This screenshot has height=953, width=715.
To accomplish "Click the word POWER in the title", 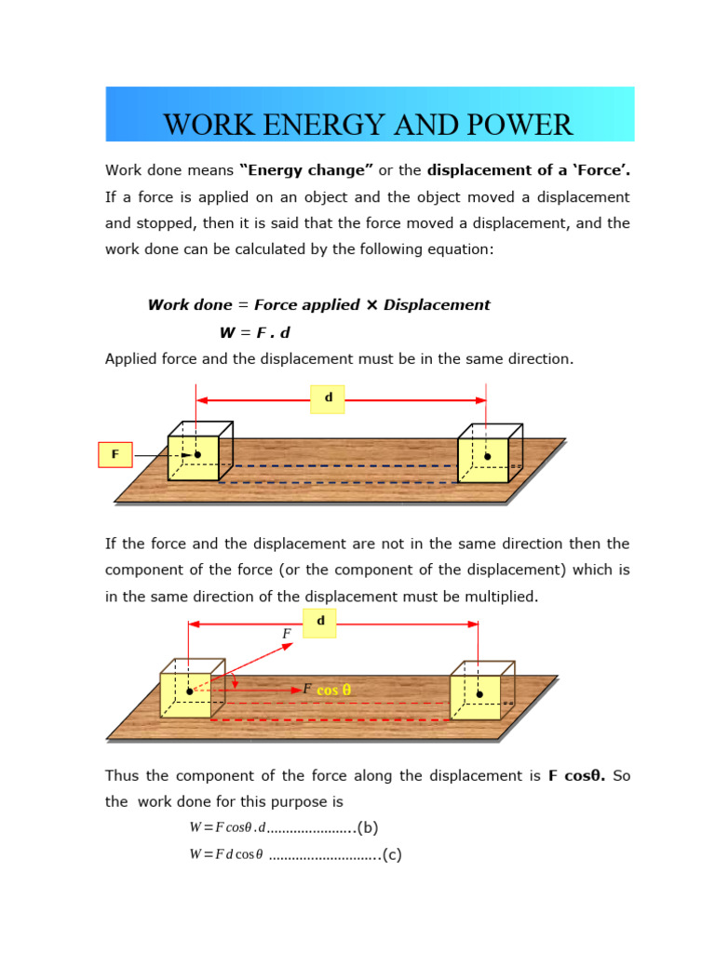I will (x=523, y=124).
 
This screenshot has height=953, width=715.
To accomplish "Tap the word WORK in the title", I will (x=205, y=124).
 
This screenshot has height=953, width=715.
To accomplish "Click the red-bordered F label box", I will (x=115, y=454).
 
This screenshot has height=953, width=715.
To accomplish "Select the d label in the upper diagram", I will (x=328, y=398).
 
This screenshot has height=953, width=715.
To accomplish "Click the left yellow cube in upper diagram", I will (x=194, y=457).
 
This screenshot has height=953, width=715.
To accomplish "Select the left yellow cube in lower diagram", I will (x=186, y=693).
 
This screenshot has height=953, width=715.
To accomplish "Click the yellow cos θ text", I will (x=333, y=691).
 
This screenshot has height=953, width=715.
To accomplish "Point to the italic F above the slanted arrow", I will (x=287, y=634).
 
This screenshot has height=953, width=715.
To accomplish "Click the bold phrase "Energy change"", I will (x=306, y=170).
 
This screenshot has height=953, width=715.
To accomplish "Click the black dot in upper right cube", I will (x=487, y=457).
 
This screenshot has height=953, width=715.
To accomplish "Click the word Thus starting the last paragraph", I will (x=124, y=775).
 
